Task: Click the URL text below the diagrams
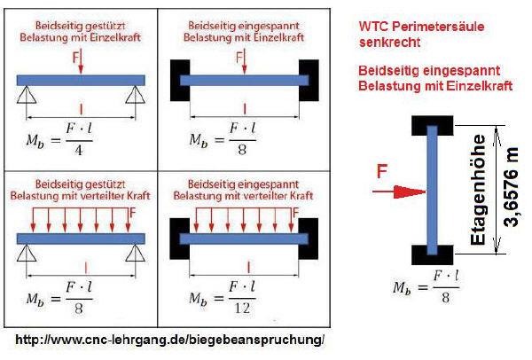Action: [170, 340]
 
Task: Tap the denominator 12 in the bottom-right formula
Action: [242, 308]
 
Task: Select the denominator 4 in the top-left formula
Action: [79, 150]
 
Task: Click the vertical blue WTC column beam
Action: [432, 191]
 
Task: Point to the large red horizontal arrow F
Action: [399, 192]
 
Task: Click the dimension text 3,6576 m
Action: [511, 187]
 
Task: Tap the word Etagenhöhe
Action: [478, 190]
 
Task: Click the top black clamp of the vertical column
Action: [433, 125]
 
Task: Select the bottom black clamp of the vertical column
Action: [433, 254]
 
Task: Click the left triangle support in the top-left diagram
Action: [27, 95]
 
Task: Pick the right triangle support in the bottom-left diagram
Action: [135, 253]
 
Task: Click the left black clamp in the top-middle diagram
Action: [180, 81]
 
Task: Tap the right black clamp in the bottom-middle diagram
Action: [308, 239]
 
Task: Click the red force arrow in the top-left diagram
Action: [81, 62]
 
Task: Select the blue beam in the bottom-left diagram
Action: [81, 239]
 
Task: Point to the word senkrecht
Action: [389, 43]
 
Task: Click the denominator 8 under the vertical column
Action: [445, 298]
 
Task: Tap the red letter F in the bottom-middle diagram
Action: [295, 213]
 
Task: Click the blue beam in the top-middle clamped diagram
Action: [245, 81]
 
